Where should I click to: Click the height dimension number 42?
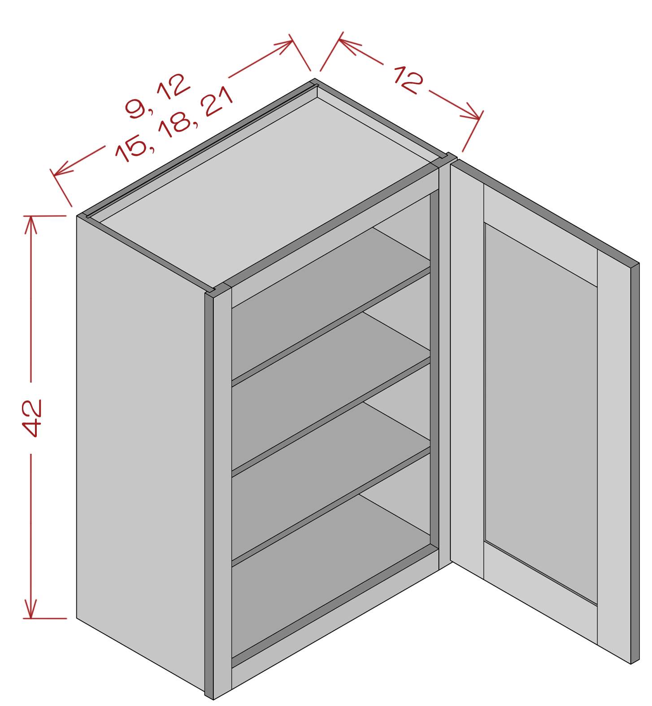(32, 418)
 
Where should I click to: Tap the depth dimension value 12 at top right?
(408, 79)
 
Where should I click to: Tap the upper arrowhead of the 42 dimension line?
(30, 224)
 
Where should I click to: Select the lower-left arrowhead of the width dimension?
(61, 168)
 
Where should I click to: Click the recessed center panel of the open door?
(541, 412)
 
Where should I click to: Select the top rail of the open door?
(540, 235)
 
